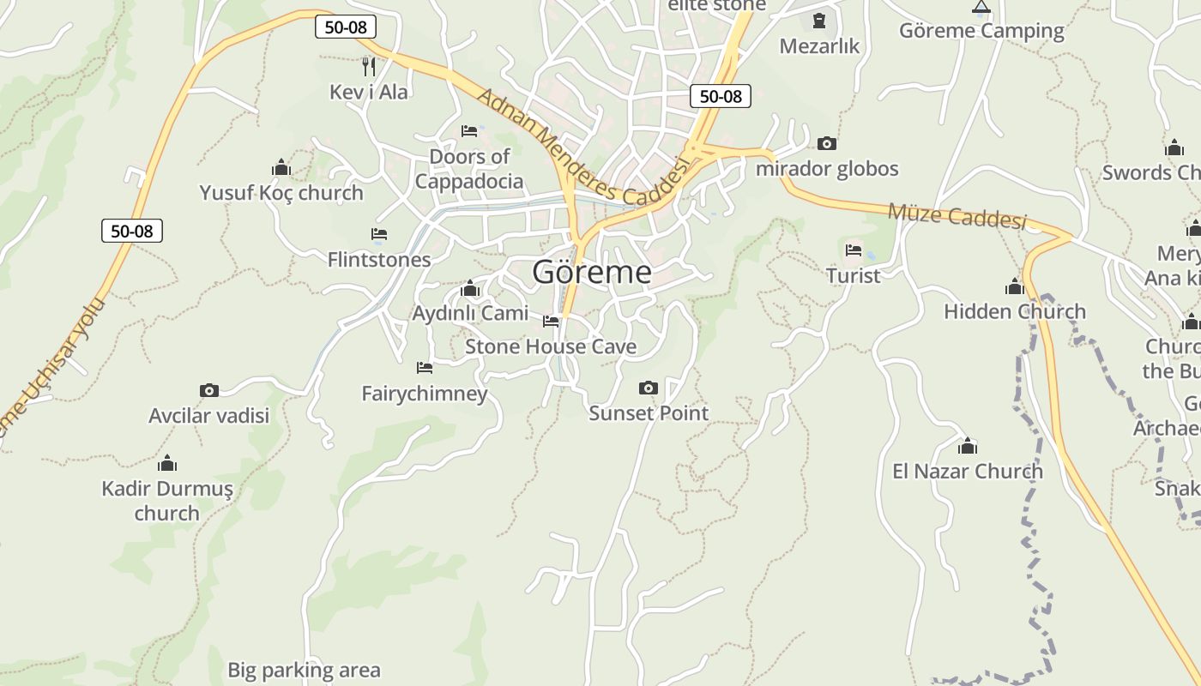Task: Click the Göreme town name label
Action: tap(591, 273)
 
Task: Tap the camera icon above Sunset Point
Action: tap(649, 388)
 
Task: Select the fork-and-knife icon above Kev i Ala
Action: tap(369, 66)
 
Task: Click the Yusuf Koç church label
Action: tap(281, 193)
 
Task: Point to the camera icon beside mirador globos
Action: tap(827, 143)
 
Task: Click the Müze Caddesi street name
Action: tap(957, 215)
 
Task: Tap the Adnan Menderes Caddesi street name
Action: tap(583, 148)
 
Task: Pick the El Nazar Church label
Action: tap(968, 471)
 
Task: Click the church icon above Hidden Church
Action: tap(1015, 287)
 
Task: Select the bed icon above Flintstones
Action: tap(379, 234)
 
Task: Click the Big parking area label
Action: tap(304, 670)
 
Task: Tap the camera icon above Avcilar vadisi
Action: tap(208, 391)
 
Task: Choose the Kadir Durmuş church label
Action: tap(167, 501)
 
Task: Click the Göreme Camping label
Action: tap(981, 31)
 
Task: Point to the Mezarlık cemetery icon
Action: tap(818, 21)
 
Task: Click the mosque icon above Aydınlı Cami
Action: tap(469, 289)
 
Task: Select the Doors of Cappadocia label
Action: tap(469, 169)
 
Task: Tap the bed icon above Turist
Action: tap(854, 250)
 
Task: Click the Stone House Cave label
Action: tap(551, 346)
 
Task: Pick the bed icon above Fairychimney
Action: tap(425, 368)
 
